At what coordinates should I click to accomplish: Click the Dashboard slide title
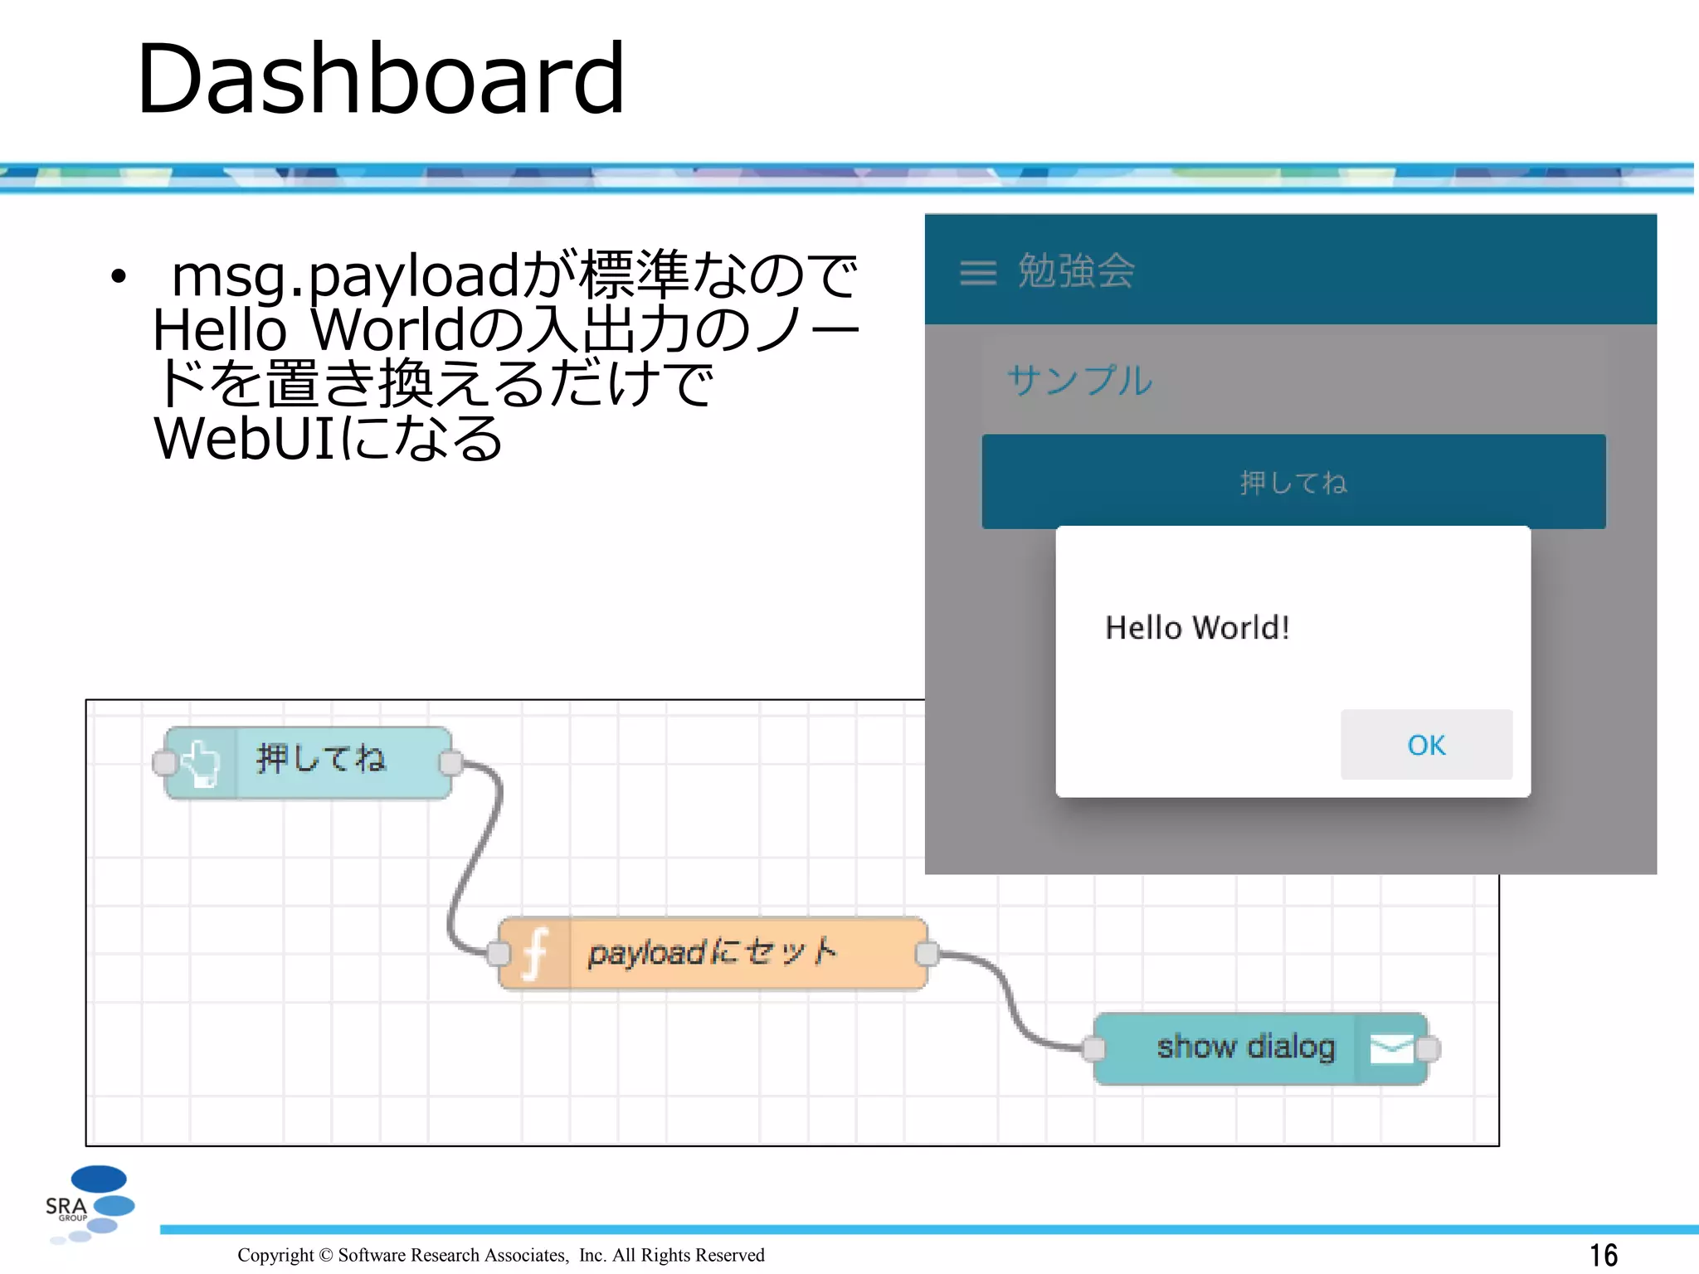coord(380,79)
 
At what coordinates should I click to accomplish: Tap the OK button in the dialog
coord(1425,744)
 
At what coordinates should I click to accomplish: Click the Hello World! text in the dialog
coord(1197,628)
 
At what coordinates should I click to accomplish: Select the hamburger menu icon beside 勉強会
coord(977,272)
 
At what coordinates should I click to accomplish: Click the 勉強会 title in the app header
coord(1076,271)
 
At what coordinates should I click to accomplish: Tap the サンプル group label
coord(1079,381)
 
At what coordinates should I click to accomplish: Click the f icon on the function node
coord(535,954)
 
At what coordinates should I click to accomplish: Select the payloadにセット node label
coord(712,952)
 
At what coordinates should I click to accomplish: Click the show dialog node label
coord(1245,1047)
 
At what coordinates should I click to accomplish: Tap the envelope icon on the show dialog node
coord(1390,1048)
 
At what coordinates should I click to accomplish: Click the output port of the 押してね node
coord(450,763)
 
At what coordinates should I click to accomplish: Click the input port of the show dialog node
coord(1094,1048)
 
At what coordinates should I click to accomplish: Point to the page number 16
coord(1603,1255)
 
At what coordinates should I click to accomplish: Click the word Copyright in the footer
coord(275,1255)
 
